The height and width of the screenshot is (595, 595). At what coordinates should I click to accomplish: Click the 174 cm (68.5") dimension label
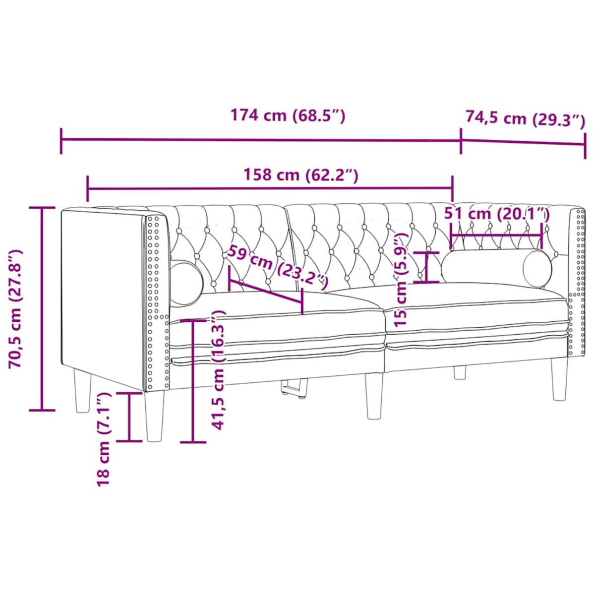click(288, 116)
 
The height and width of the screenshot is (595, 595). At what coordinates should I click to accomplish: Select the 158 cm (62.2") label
click(300, 175)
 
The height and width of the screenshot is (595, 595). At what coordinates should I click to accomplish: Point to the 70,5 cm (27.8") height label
click(17, 308)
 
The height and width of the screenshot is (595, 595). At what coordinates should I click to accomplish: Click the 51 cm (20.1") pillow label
click(497, 214)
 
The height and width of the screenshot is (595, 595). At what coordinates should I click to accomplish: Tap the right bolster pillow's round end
click(537, 269)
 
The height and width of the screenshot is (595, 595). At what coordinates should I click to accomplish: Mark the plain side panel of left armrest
click(102, 293)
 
